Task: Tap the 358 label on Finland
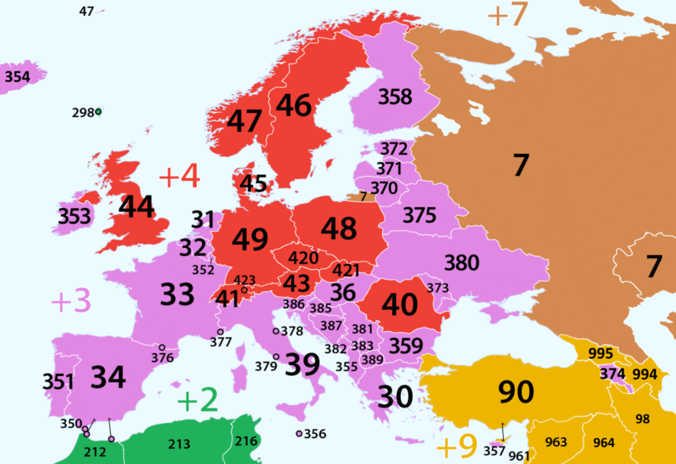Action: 395,97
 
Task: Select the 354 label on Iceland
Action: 18,77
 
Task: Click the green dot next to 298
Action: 99,112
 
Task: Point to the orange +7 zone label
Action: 507,16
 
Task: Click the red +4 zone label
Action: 179,177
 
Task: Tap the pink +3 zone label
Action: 71,301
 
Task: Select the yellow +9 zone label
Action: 457,447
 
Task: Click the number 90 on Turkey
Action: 516,391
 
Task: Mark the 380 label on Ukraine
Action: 461,262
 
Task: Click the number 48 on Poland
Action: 339,228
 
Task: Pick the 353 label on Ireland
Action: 74,216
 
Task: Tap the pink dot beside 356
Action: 299,433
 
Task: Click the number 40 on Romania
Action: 399,305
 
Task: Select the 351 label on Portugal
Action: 58,382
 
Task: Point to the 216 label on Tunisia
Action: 245,441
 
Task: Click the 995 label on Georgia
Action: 601,353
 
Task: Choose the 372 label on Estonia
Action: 394,149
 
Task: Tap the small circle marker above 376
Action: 162,347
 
